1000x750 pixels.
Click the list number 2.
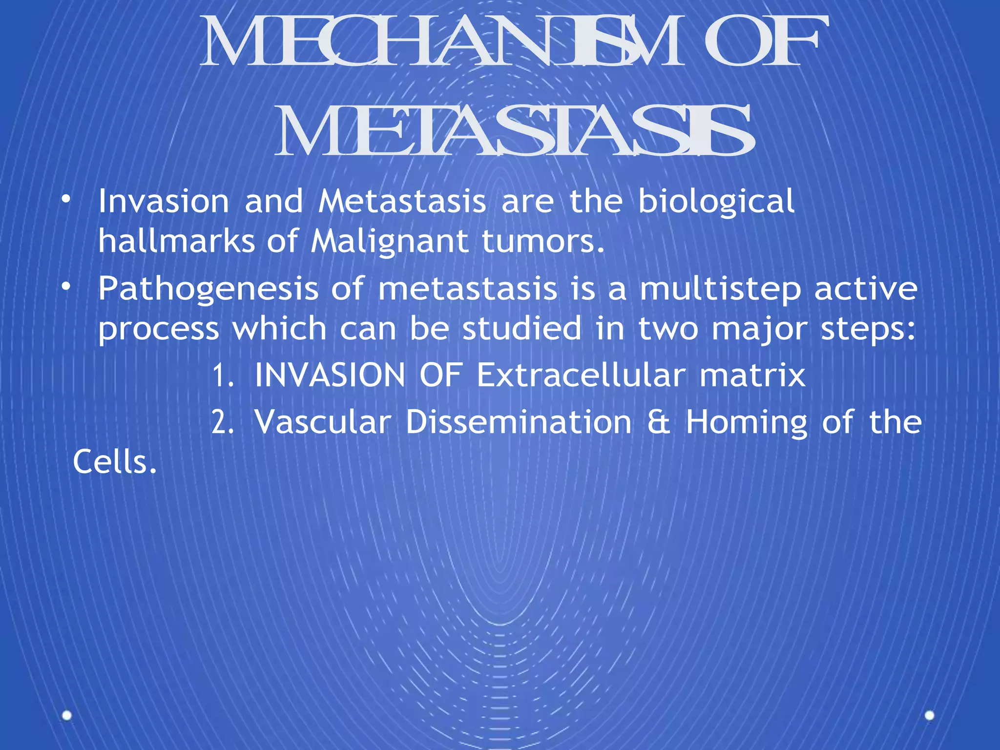(x=223, y=422)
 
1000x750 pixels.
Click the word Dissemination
(x=519, y=422)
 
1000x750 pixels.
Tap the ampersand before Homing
(x=659, y=422)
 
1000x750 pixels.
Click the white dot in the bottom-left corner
(x=67, y=716)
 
